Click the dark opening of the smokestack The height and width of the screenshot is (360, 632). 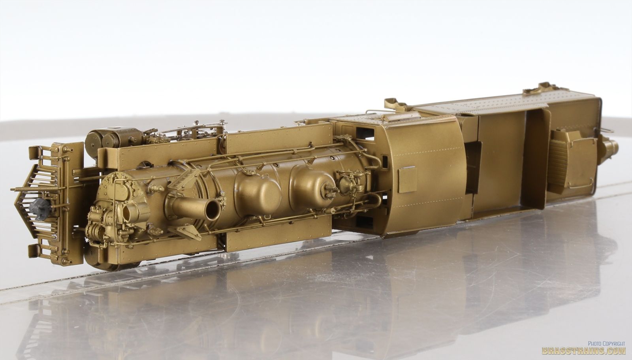click(214, 210)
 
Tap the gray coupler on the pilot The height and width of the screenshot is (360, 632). click(40, 209)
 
